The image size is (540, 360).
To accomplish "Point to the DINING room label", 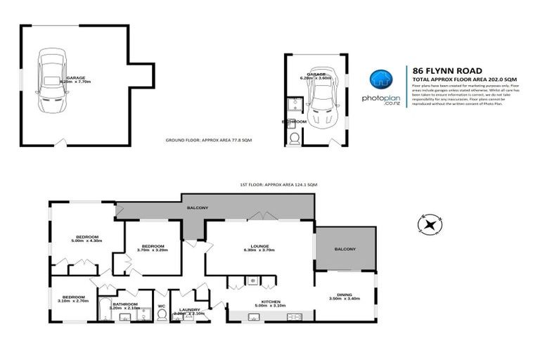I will point(344,295).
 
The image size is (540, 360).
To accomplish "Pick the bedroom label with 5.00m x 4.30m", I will point(87,238).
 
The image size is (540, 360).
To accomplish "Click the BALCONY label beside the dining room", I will point(345,249).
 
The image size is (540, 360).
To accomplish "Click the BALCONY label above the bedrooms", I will point(197,208).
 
